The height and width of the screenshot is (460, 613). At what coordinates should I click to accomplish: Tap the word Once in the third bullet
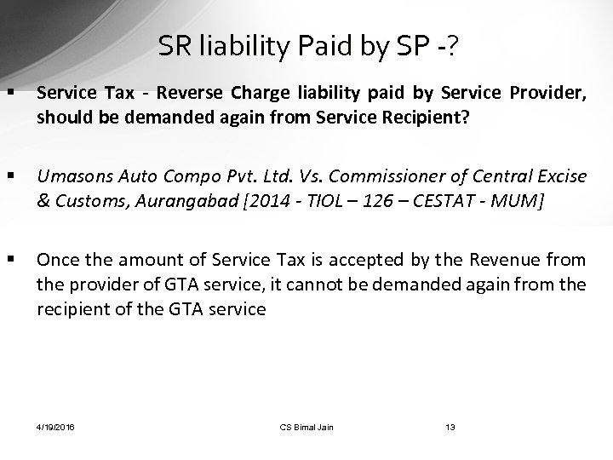[x=58, y=259]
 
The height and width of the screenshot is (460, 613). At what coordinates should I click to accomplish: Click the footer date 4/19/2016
[x=55, y=427]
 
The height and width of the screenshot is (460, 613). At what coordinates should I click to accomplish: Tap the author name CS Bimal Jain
[x=306, y=427]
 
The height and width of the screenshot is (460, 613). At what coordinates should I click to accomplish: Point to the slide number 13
[x=450, y=427]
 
